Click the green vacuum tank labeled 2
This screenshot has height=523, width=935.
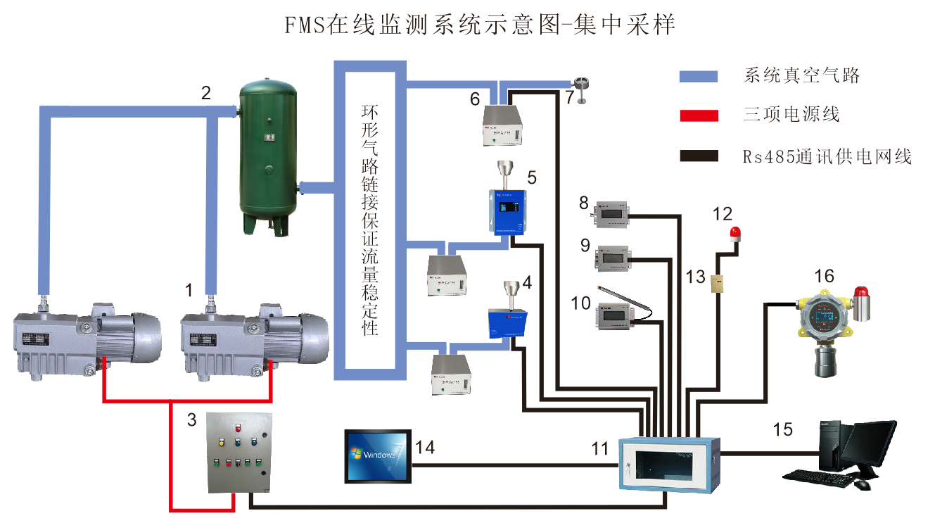tap(267, 155)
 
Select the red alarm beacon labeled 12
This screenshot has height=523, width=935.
tap(736, 234)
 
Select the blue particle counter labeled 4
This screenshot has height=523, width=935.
tap(509, 320)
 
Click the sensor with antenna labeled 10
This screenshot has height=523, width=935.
tap(615, 315)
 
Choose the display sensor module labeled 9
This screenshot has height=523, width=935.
tap(610, 258)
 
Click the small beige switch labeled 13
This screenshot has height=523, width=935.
tap(717, 281)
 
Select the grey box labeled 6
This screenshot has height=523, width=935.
tap(507, 125)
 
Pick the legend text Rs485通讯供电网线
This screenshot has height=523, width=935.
tap(827, 156)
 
